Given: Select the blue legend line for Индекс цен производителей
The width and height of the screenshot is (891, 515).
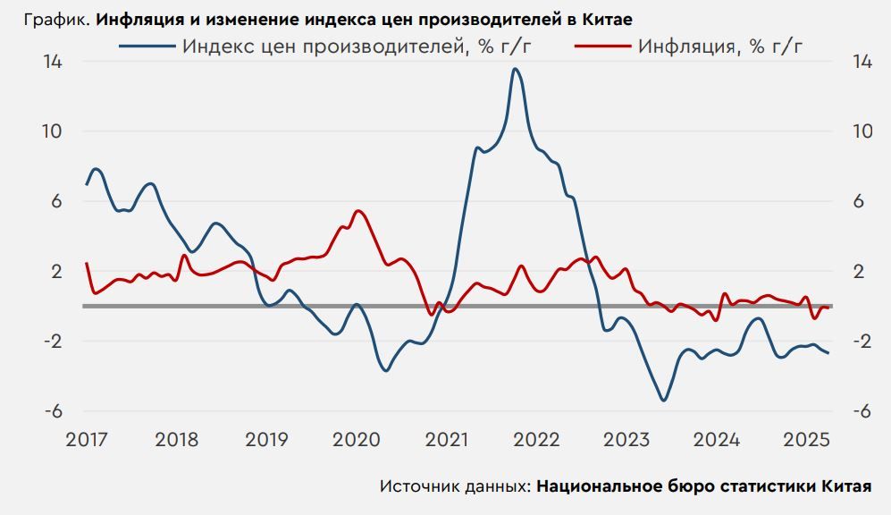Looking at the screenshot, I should point(147,46).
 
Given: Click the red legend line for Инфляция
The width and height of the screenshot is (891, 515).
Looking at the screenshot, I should point(602,46).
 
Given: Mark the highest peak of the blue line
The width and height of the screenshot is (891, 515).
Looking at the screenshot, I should point(516,69).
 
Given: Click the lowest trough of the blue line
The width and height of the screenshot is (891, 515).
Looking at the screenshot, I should point(663,400).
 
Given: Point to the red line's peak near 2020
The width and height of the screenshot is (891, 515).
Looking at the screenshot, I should point(357,211).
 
